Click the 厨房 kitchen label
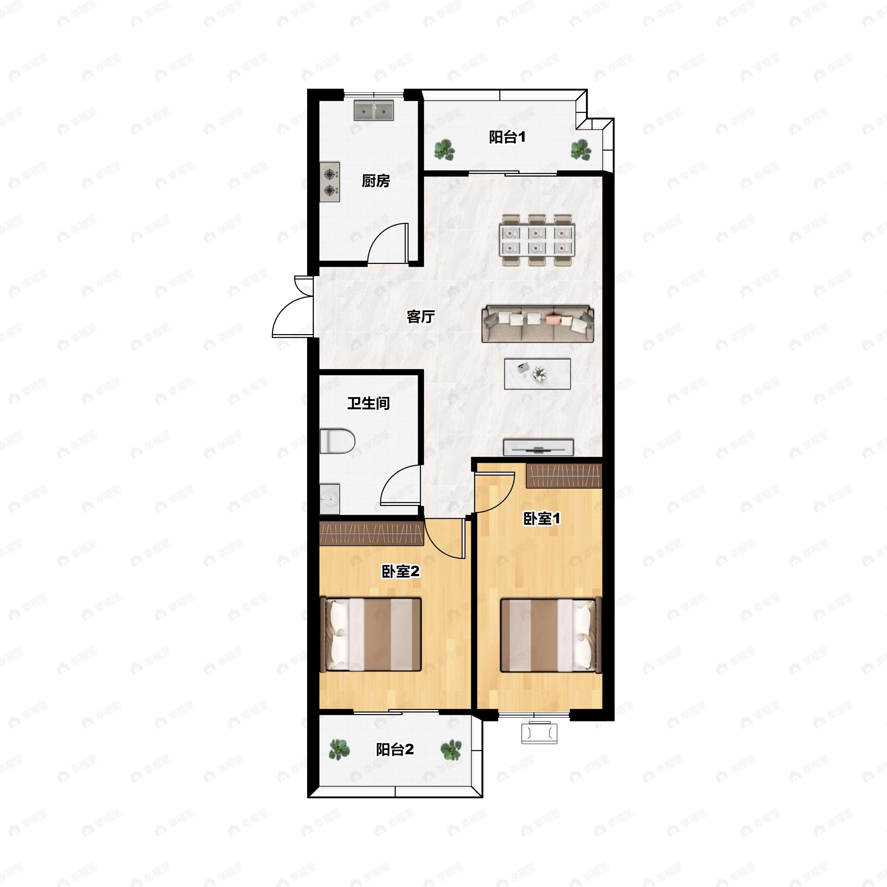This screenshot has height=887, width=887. pyautogui.click(x=375, y=181)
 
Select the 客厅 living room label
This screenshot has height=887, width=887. pyautogui.click(x=421, y=316)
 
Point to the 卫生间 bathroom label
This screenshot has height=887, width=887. pyautogui.click(x=368, y=403)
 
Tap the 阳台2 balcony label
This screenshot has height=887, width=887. pyautogui.click(x=395, y=749)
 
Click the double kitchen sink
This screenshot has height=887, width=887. pyautogui.click(x=374, y=110)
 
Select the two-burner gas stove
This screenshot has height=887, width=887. pyautogui.click(x=330, y=182)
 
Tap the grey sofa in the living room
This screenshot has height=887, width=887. pyautogui.click(x=538, y=324)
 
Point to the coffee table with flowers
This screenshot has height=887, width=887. pyautogui.click(x=537, y=374)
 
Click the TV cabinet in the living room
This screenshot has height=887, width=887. pyautogui.click(x=538, y=448)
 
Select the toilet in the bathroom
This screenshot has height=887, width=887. pyautogui.click(x=337, y=441)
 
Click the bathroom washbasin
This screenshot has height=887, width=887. pyautogui.click(x=330, y=499)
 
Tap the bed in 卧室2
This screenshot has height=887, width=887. pyautogui.click(x=370, y=634)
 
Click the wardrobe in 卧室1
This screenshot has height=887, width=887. pyautogui.click(x=564, y=476)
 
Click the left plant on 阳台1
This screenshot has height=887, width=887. pyautogui.click(x=444, y=150)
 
